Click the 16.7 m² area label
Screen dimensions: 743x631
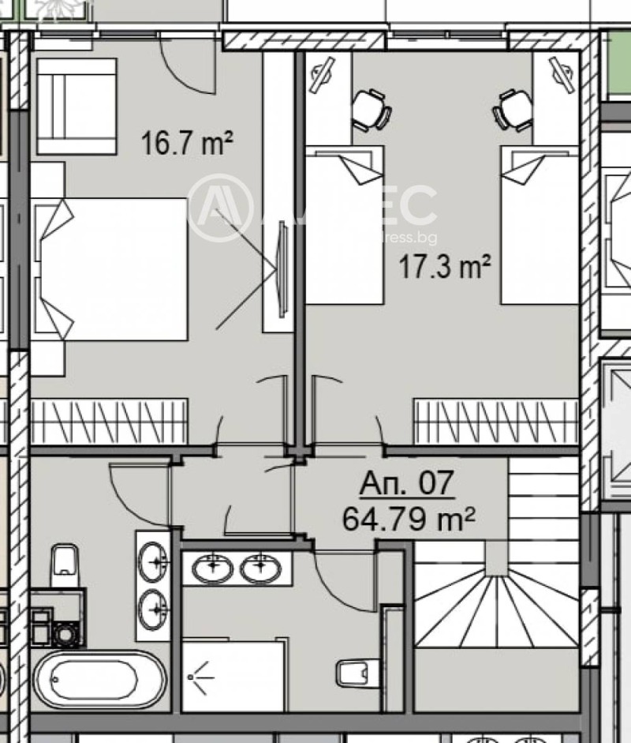click(x=186, y=144)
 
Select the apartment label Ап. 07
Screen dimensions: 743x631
click(x=408, y=484)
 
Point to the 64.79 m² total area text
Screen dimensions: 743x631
click(x=409, y=519)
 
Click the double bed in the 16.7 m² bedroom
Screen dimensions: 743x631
click(x=110, y=268)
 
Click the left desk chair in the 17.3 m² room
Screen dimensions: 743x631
click(x=369, y=110)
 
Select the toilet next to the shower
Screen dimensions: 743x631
click(x=352, y=673)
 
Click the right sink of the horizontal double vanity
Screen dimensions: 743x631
click(x=260, y=568)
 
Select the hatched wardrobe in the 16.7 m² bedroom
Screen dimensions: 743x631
click(x=110, y=421)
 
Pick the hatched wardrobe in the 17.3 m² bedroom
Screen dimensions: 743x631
click(x=495, y=422)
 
